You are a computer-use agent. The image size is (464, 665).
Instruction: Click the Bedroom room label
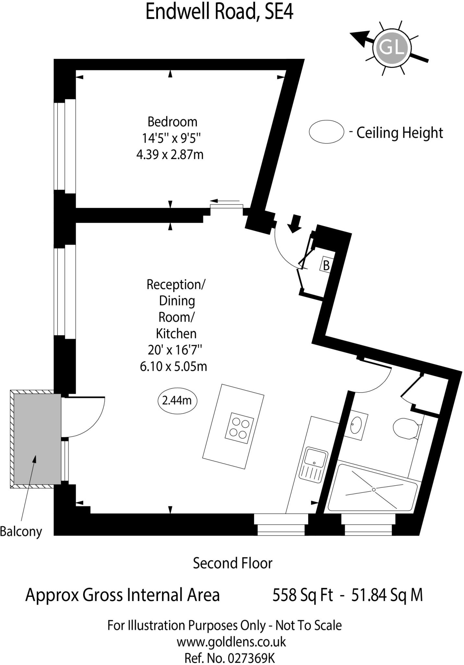172,122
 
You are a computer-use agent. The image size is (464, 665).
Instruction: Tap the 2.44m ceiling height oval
177,401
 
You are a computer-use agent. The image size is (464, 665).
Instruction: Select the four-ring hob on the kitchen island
239,428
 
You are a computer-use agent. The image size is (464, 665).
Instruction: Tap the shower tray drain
374,489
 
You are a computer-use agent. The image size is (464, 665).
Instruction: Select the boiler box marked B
326,265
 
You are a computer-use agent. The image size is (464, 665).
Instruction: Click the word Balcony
21,532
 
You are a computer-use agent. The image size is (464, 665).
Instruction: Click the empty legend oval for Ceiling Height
326,132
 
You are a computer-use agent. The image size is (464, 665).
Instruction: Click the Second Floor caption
232,563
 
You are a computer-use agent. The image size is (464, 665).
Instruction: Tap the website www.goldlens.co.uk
231,642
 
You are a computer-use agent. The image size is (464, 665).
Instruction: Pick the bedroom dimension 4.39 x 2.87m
170,155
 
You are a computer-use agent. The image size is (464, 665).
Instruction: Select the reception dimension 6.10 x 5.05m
174,367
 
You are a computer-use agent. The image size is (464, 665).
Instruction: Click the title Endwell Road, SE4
219,12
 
